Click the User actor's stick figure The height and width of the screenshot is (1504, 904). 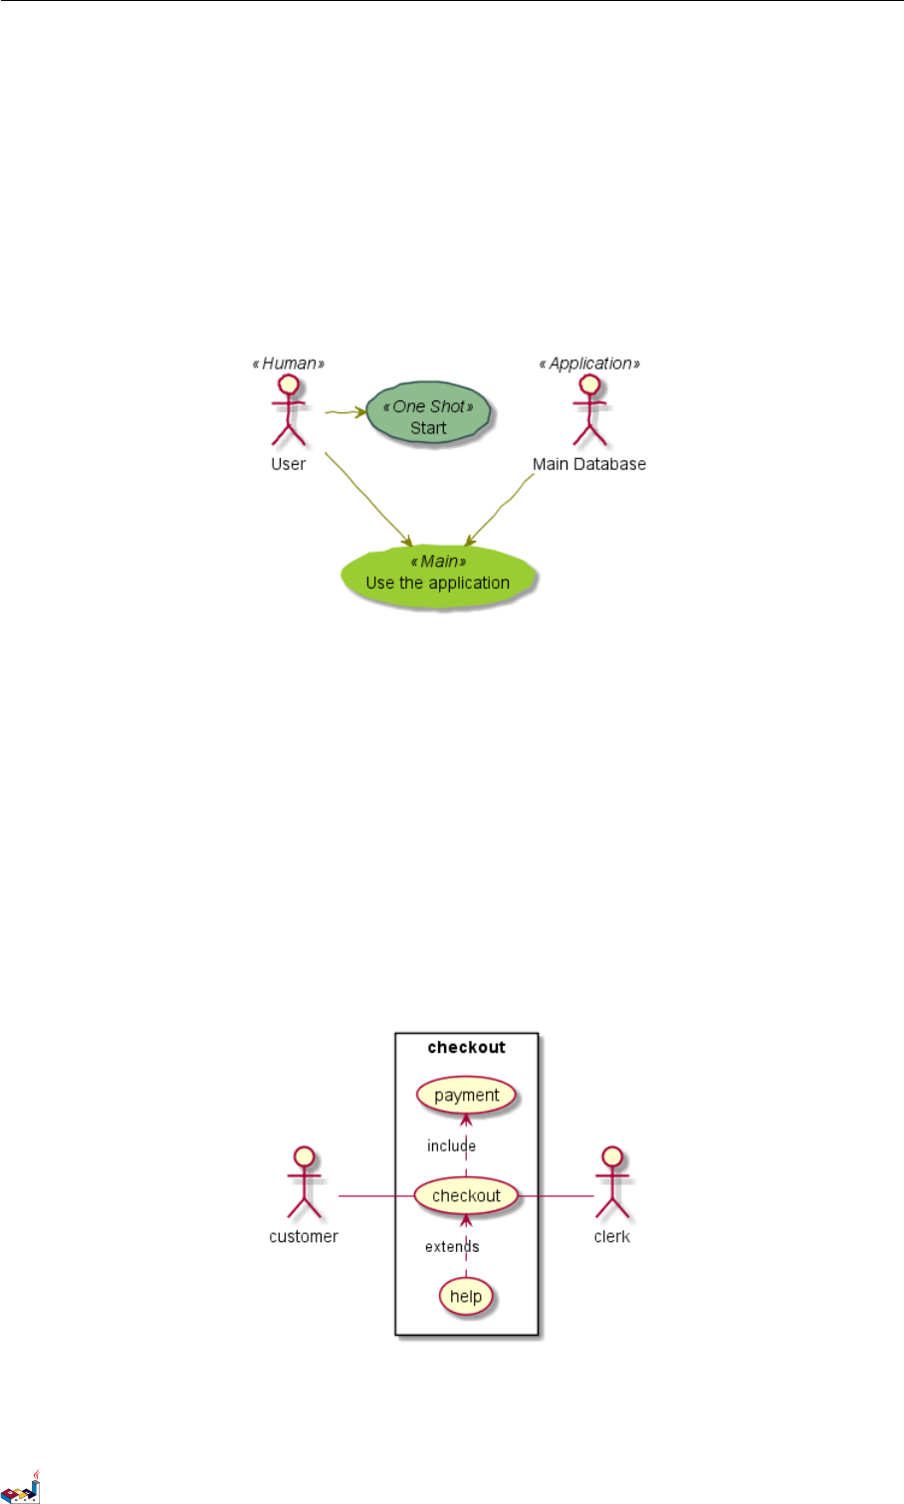(289, 410)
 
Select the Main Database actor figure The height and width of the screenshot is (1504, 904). (589, 410)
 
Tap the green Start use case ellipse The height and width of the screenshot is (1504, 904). (429, 417)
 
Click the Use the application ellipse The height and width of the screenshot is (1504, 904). (438, 576)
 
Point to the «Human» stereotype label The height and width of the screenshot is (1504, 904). (289, 364)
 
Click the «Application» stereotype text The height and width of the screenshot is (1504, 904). (589, 364)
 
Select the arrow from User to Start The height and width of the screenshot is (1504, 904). (344, 410)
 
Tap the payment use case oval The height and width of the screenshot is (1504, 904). (466, 1096)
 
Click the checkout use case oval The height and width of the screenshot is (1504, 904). (466, 1195)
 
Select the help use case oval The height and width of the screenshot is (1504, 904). (466, 1296)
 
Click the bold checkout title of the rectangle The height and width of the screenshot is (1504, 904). (466, 1048)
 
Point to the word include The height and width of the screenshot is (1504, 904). (451, 1146)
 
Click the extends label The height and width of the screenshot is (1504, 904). (451, 1247)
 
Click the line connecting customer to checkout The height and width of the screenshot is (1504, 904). (376, 1195)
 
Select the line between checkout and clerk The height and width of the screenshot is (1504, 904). (557, 1195)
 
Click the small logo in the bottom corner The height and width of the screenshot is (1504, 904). (21, 1487)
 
